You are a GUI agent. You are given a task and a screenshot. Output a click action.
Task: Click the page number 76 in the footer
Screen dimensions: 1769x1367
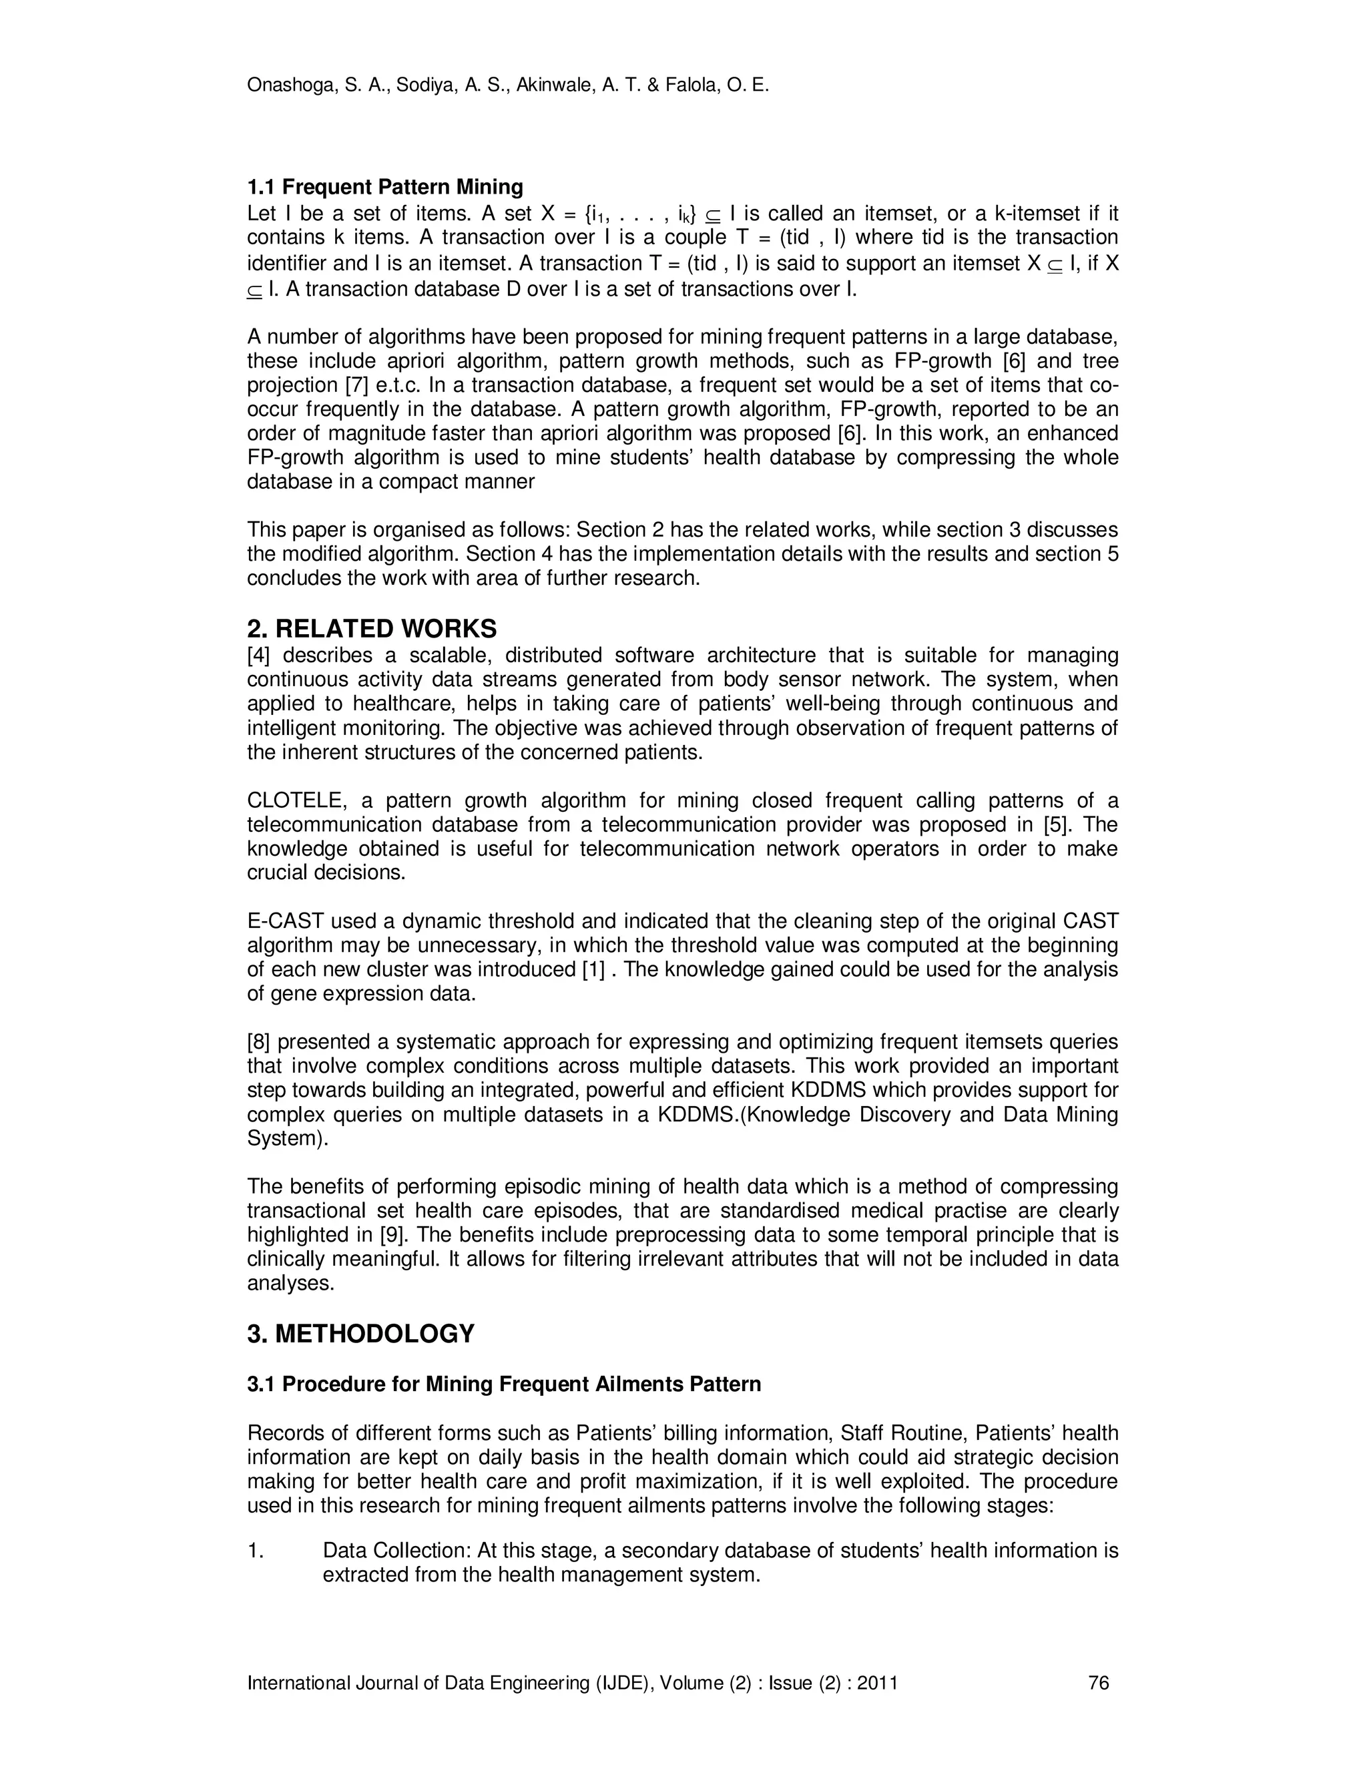(x=1098, y=1683)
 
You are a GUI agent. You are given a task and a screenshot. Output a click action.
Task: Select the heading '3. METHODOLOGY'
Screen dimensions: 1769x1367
(x=360, y=1333)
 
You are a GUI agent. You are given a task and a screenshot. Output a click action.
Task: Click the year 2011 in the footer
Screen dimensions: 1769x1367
(x=877, y=1683)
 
